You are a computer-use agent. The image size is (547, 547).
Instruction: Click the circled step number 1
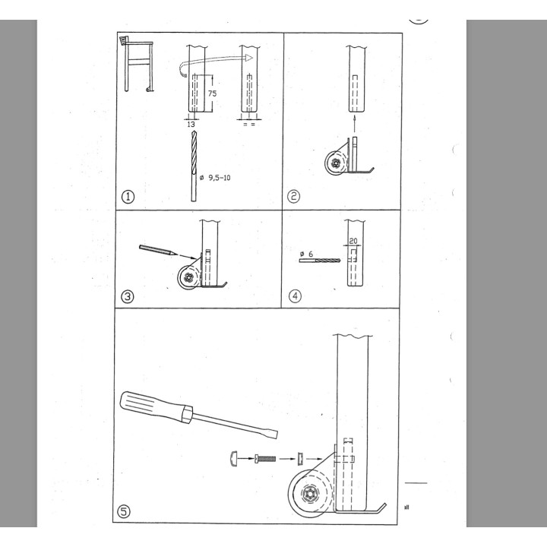click(128, 197)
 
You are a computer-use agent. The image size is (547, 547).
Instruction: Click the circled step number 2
click(294, 197)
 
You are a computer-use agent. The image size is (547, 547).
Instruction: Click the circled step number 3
click(128, 296)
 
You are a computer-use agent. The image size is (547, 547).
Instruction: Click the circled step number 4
click(294, 296)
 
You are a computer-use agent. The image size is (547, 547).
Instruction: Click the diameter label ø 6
click(306, 254)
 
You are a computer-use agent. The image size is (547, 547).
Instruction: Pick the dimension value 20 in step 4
click(353, 241)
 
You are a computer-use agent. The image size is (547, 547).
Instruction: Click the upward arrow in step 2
click(356, 122)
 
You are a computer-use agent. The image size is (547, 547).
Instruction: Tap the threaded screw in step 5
click(266, 457)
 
